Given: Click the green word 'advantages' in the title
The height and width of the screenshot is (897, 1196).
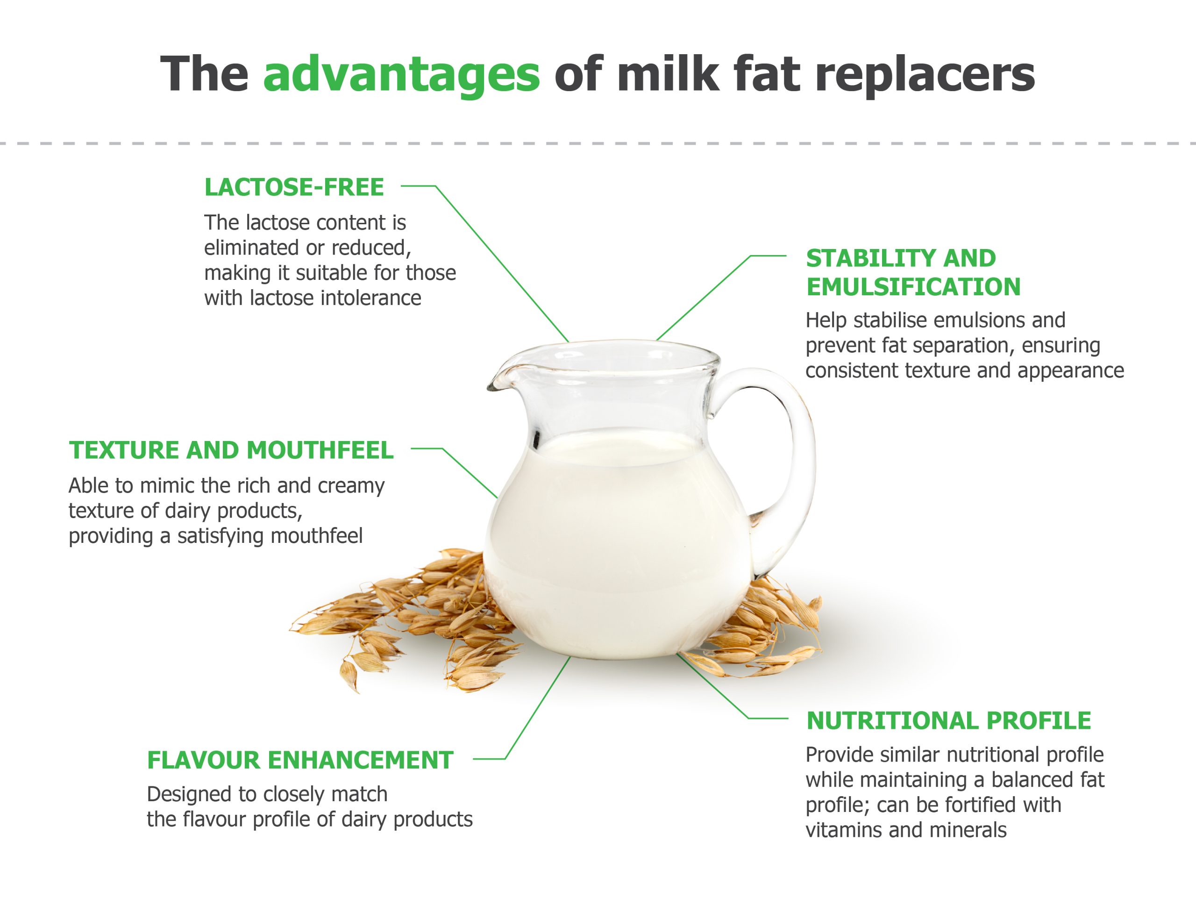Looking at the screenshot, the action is click(x=401, y=76).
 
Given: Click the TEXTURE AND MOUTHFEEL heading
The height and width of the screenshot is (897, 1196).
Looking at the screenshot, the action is click(x=231, y=450).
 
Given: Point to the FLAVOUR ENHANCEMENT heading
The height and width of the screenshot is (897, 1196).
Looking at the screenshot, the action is click(x=300, y=760).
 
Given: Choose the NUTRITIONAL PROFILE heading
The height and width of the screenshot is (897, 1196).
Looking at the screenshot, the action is click(x=949, y=721).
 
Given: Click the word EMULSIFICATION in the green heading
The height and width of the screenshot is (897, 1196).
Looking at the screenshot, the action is click(x=914, y=286).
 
